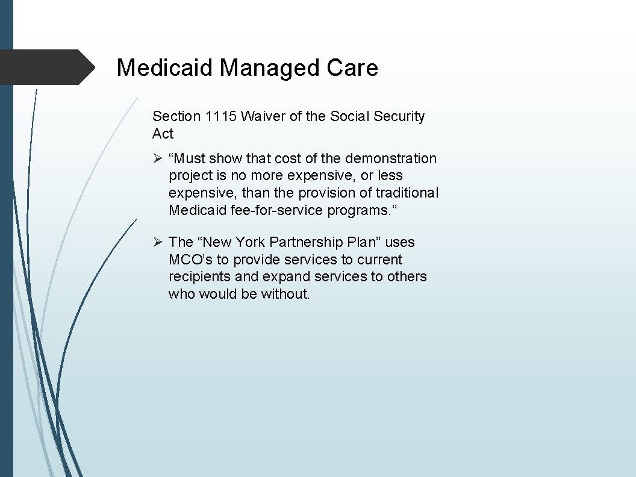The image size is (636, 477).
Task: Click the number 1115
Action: pos(221,116)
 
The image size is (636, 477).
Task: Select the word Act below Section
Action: pos(163,134)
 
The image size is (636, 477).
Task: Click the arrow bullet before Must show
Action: pos(158,158)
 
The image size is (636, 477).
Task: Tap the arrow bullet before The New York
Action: pos(158,242)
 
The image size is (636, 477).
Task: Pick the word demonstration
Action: pos(391,158)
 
